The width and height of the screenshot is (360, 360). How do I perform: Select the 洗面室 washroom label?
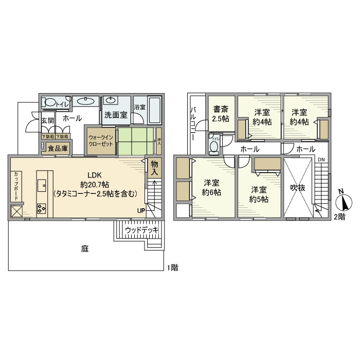coord(116,115)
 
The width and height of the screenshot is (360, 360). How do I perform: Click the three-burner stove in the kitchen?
coord(42,208)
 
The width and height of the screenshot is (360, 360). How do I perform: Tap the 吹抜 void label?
coord(298,188)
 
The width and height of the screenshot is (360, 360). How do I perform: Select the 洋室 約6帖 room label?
coord(211,187)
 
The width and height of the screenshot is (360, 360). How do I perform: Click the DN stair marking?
coord(320,160)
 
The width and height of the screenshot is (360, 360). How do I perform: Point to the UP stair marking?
coord(141,210)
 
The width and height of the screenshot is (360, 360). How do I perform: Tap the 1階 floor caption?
coord(171,267)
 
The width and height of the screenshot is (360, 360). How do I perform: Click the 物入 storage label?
coord(154,168)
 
